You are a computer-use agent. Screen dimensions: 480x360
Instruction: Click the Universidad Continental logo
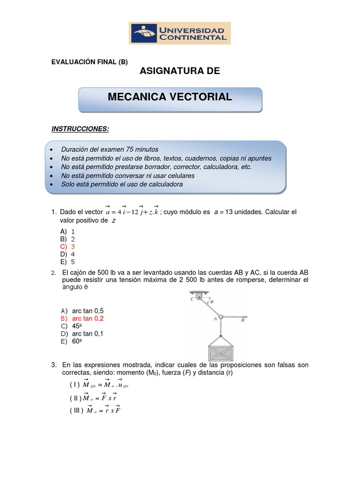pos(180,33)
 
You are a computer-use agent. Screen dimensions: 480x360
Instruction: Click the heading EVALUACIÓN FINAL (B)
pos(89,61)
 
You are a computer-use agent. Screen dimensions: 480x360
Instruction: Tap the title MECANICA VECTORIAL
pos(170,97)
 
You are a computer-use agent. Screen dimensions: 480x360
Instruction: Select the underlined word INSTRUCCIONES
pos(80,128)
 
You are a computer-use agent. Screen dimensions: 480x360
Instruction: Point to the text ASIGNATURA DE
pos(180,71)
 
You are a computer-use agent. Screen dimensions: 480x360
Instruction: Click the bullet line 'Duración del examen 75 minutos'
pos(110,150)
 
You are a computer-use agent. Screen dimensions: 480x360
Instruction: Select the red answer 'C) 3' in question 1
pos(67,247)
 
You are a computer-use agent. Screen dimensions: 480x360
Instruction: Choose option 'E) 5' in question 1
pos(67,262)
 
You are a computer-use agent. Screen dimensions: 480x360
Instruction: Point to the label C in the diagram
pos(192,299)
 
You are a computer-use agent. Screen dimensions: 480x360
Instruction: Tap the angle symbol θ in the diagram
pos(211,302)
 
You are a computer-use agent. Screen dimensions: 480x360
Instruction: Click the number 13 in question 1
pos(230,212)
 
